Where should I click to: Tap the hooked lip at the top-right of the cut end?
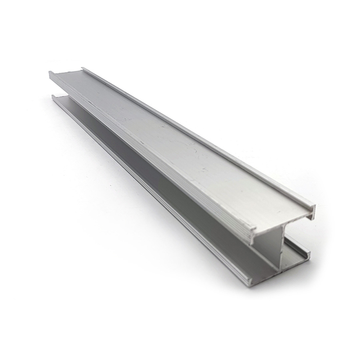(x=312, y=211)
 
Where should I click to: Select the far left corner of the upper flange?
(x=50, y=73)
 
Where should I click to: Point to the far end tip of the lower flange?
(x=53, y=97)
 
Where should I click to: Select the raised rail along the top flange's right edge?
(x=197, y=135)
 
